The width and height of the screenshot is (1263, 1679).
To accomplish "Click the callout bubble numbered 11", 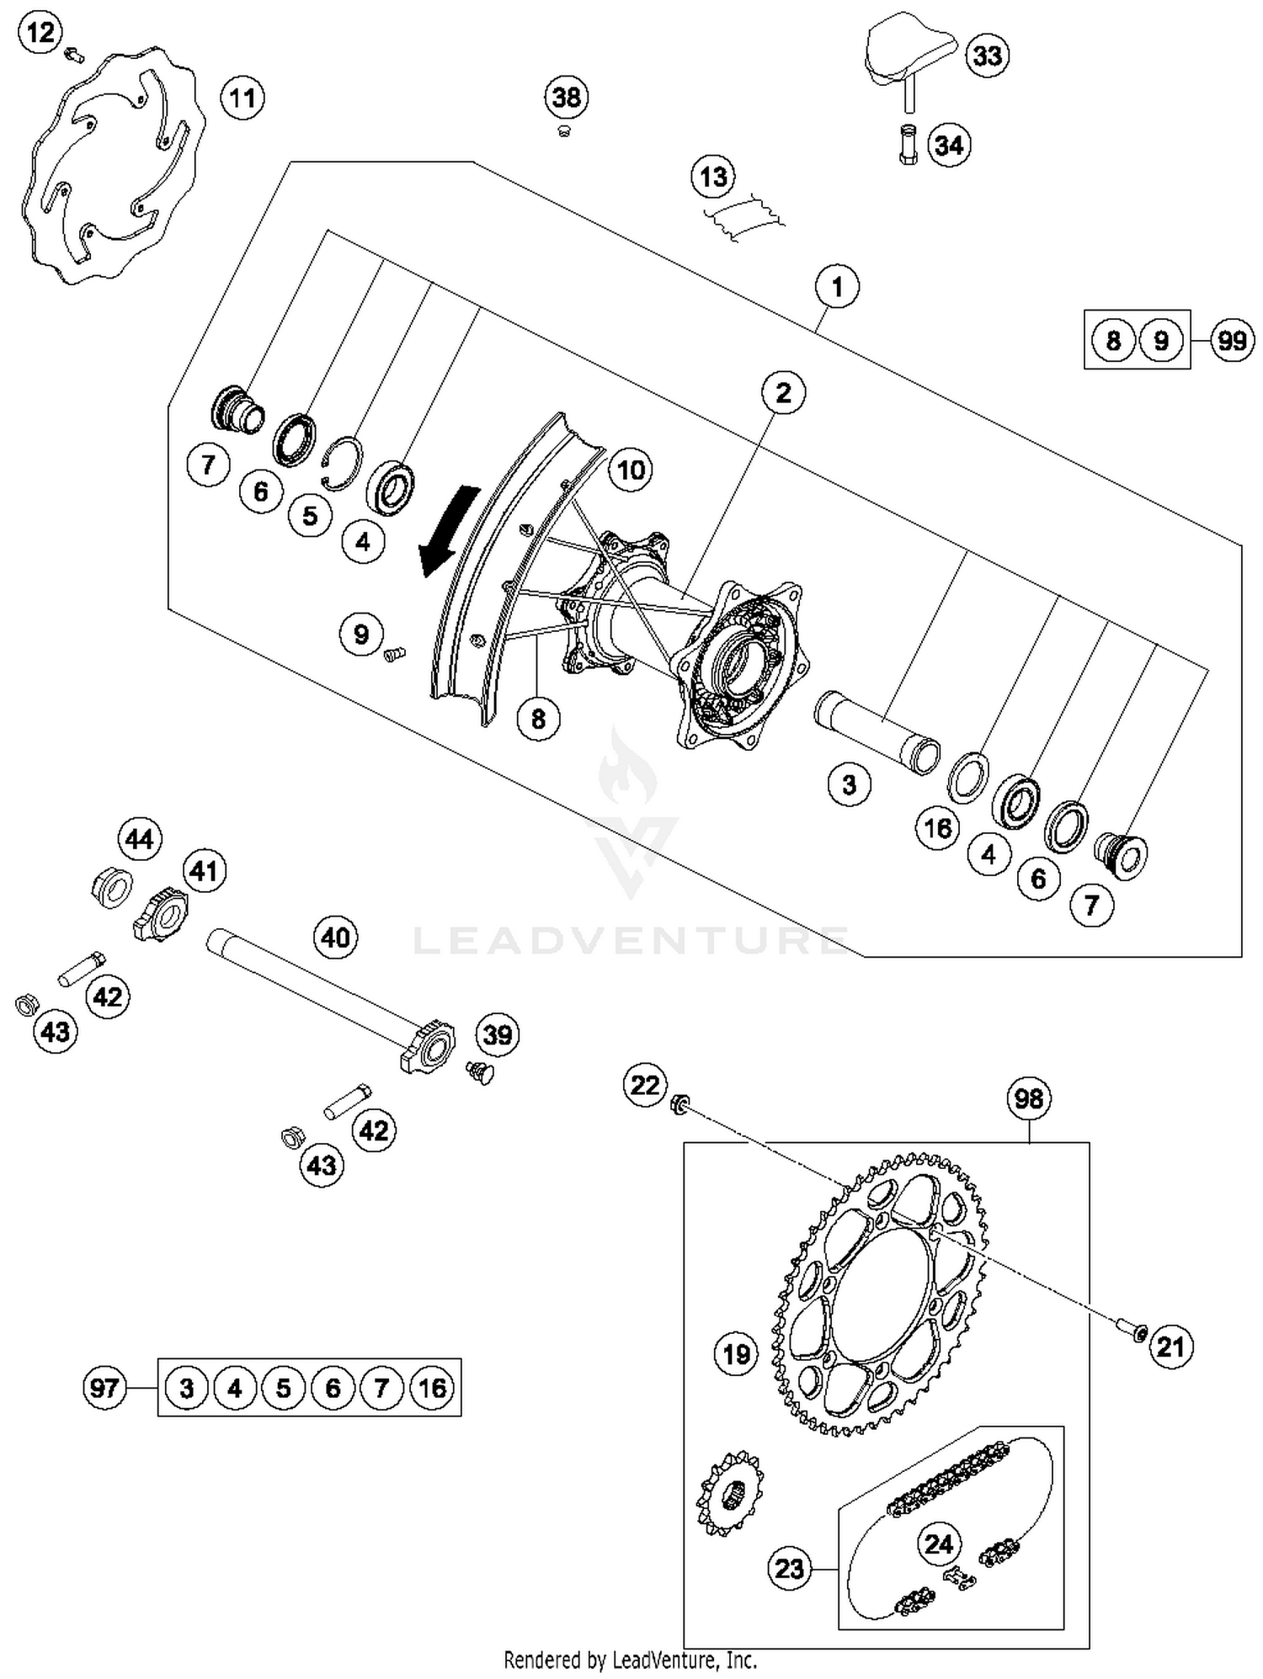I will coord(242,98).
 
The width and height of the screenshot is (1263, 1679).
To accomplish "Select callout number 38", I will coord(566,98).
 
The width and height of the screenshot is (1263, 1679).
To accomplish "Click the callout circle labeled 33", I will coord(987,56).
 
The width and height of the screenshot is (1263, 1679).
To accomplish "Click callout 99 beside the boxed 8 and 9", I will coord(1232,341).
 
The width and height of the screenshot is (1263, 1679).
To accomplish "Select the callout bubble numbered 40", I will coord(335,937).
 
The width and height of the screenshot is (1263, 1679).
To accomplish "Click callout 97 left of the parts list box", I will coord(104,1387).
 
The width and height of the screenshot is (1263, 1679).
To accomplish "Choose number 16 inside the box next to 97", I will coord(432,1387).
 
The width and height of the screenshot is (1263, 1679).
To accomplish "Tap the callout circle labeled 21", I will coord(1170,1347).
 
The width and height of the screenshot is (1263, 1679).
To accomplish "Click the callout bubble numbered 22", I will coord(645,1085).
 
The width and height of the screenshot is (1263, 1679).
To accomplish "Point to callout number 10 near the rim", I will coord(631,470).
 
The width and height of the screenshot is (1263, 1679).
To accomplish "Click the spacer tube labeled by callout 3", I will coord(876,731).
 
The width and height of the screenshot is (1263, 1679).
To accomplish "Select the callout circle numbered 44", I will coord(139,839).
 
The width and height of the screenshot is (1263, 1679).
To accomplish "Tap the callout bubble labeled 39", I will coord(498,1034).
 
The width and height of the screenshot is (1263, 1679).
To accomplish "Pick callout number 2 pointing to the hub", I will coord(783,392).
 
